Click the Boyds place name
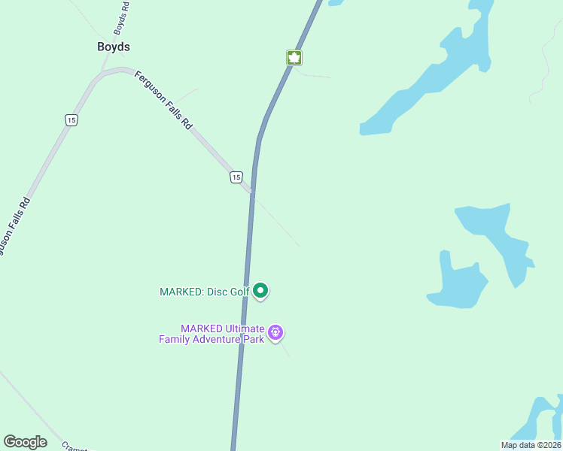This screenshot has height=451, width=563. [x=114, y=47]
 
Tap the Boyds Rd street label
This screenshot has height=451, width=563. [x=121, y=17]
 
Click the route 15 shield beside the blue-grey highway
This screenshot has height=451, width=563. [x=236, y=177]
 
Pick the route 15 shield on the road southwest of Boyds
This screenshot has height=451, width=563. [x=71, y=120]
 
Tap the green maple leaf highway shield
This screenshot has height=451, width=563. [x=294, y=58]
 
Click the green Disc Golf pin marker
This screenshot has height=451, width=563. [x=260, y=290]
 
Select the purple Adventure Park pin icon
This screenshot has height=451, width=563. [x=275, y=331]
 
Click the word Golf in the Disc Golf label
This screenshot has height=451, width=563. [x=238, y=292]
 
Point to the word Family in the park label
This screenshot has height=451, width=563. [x=175, y=339]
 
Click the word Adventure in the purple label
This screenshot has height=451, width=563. [x=217, y=339]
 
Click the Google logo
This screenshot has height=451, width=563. [x=25, y=442]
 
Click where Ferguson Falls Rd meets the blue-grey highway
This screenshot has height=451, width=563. [x=252, y=192]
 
